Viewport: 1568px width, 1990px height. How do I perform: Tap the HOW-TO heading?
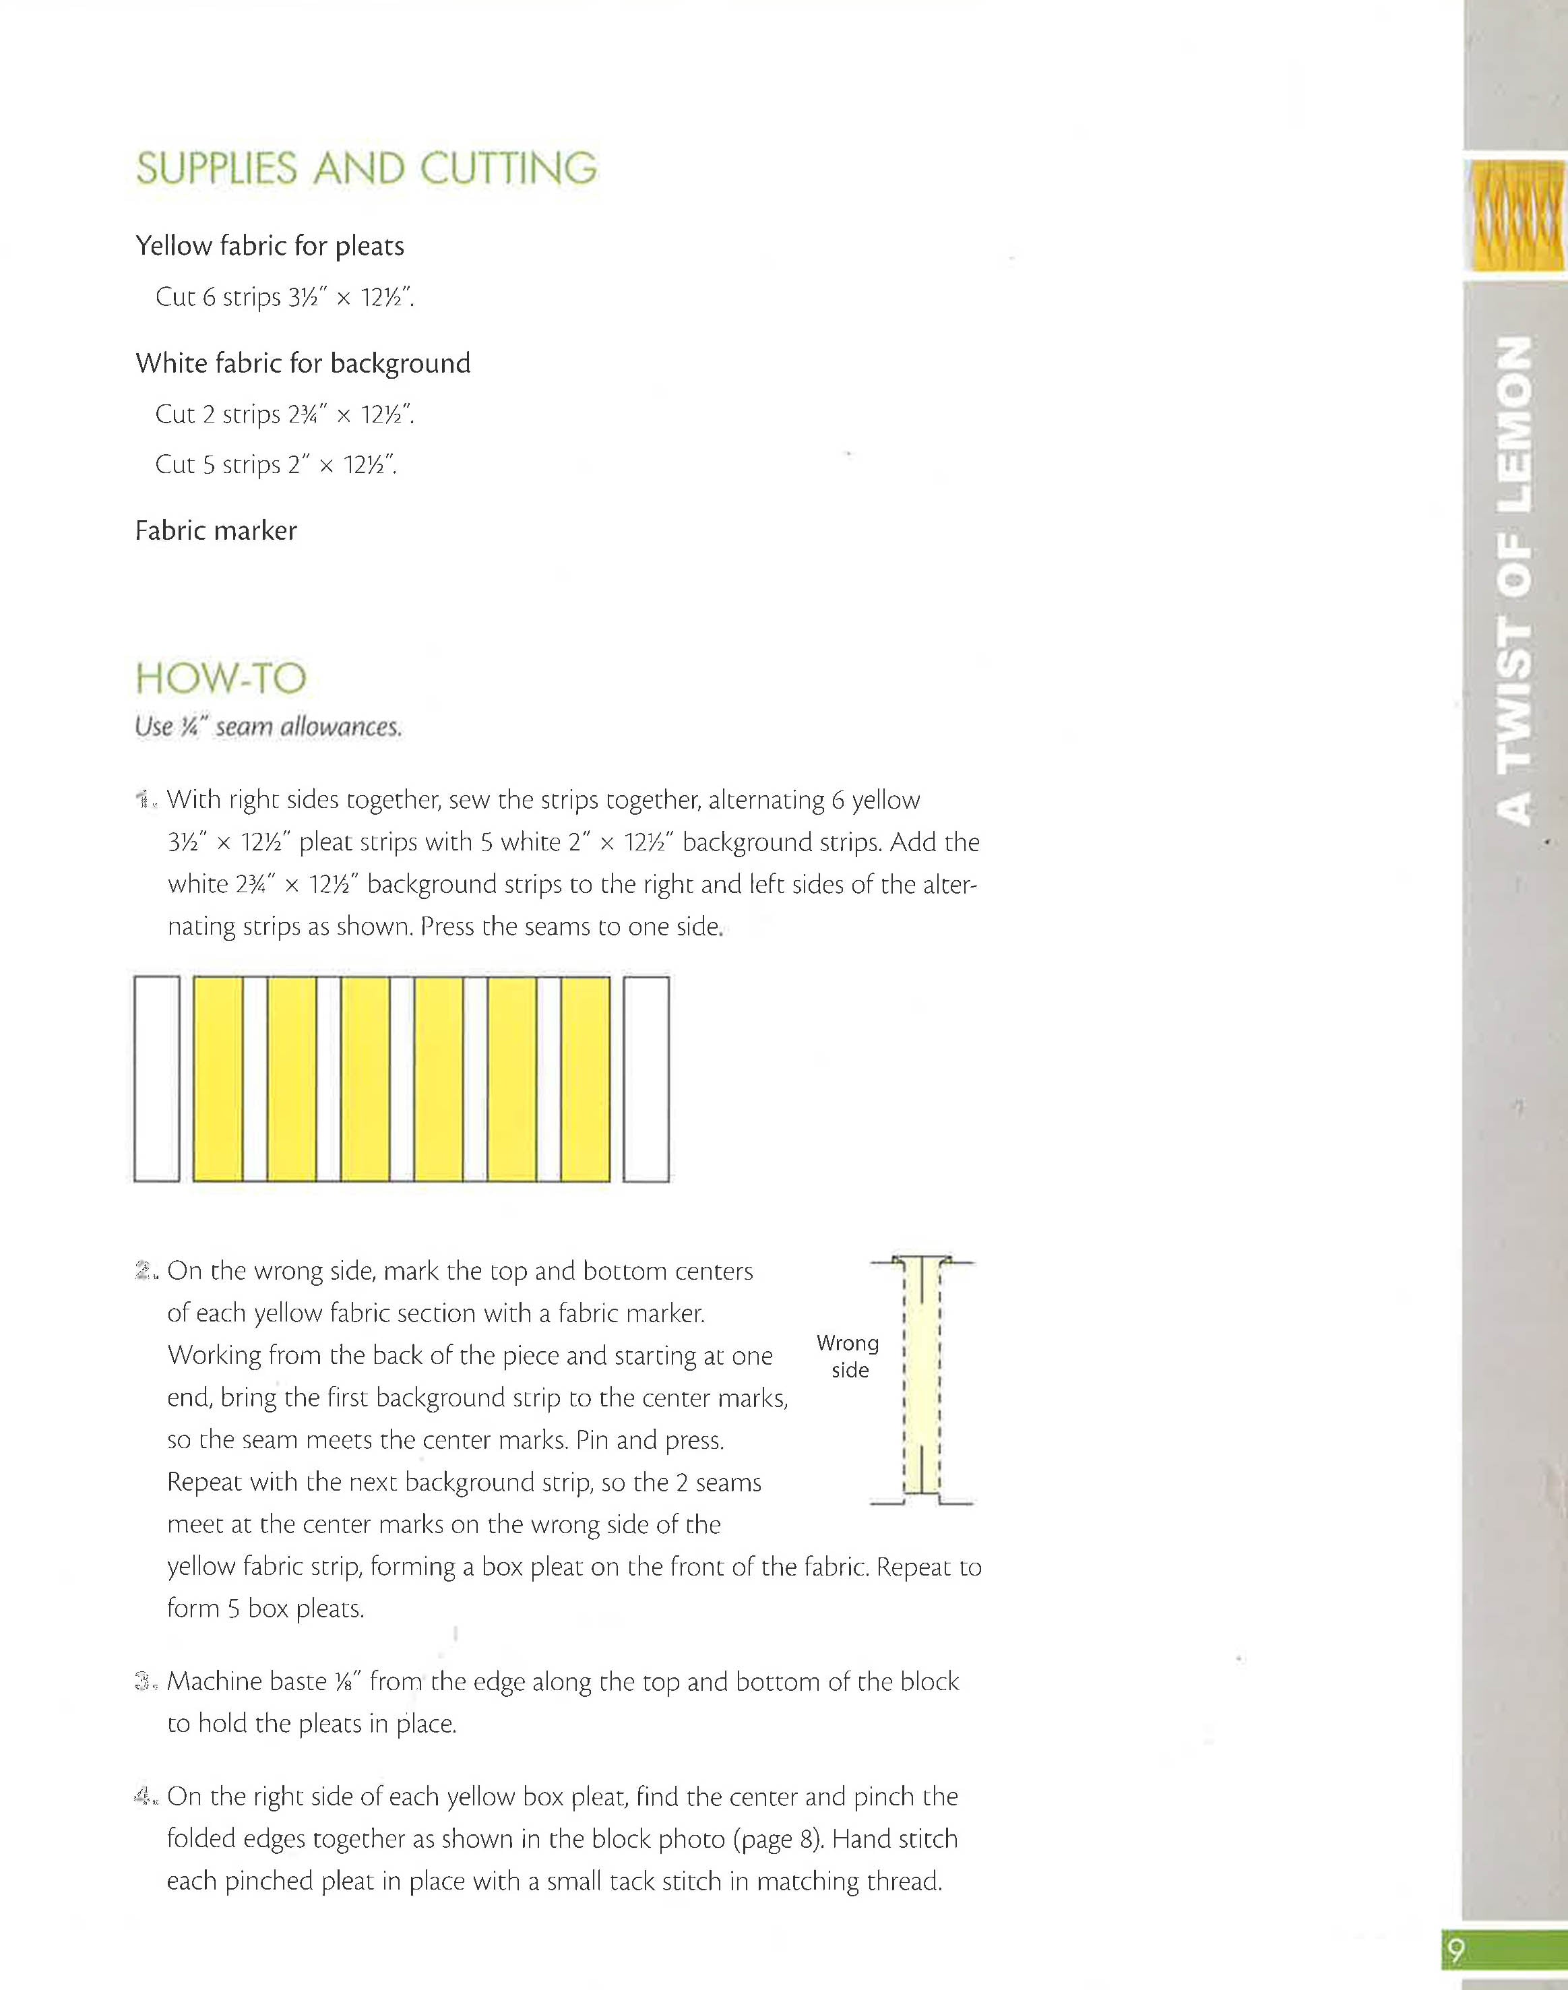tap(220, 679)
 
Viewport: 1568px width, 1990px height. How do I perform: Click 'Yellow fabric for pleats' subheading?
tap(270, 246)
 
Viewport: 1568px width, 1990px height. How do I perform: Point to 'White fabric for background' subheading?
tap(303, 363)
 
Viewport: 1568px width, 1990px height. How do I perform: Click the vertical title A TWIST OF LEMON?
tap(1514, 580)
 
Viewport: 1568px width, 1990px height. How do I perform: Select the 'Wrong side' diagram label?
tap(848, 1356)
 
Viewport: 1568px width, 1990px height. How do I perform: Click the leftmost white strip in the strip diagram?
tap(157, 1078)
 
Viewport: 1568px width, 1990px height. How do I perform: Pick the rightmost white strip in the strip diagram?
tap(646, 1078)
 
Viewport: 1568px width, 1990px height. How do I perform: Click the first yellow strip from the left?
tap(218, 1078)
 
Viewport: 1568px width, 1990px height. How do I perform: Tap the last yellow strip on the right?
tap(585, 1078)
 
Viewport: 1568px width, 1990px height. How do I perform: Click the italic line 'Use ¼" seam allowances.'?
tap(268, 727)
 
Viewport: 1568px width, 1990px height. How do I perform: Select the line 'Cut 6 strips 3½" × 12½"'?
tap(284, 297)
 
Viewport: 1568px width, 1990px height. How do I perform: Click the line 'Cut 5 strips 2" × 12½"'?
tap(276, 464)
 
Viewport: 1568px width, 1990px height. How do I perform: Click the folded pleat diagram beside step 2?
tap(922, 1381)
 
